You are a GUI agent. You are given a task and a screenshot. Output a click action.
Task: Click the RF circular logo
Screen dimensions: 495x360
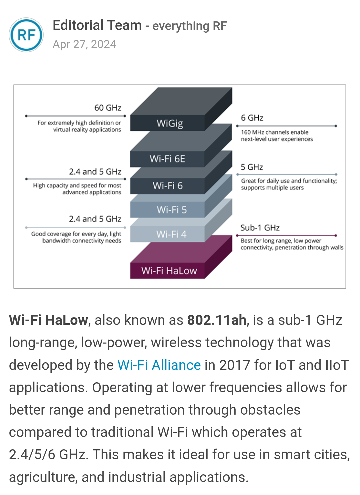(26, 35)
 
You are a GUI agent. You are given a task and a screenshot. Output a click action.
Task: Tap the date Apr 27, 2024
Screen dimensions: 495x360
(84, 44)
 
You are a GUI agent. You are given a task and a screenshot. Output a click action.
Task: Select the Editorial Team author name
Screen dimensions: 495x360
(97, 26)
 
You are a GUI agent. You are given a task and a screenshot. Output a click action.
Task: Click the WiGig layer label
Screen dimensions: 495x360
(170, 123)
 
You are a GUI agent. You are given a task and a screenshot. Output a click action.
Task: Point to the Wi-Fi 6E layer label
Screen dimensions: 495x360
(167, 159)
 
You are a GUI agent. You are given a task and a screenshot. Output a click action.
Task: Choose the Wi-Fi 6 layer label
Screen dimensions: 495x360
(168, 186)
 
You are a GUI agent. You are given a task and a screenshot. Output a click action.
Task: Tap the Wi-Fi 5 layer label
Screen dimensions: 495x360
(172, 210)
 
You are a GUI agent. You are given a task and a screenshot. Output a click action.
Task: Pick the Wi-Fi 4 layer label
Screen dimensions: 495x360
(171, 234)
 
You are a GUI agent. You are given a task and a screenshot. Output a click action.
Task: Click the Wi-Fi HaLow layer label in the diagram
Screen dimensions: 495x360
(169, 271)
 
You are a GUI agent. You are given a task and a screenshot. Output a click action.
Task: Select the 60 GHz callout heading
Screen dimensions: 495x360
(108, 108)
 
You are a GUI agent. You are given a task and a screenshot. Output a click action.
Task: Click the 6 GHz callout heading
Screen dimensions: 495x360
(252, 118)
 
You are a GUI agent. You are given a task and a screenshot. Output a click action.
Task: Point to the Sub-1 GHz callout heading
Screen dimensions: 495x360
(260, 228)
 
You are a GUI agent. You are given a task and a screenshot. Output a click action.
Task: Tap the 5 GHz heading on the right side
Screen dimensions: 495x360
(252, 167)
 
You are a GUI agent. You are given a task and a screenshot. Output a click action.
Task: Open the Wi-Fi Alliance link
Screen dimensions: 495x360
(159, 365)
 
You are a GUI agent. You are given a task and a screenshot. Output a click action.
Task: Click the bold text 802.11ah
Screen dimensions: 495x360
(217, 320)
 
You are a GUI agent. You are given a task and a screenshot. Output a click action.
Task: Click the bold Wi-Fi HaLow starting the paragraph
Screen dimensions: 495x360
(48, 320)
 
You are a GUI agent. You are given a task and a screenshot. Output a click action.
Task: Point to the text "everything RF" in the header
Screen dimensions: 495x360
(189, 26)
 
